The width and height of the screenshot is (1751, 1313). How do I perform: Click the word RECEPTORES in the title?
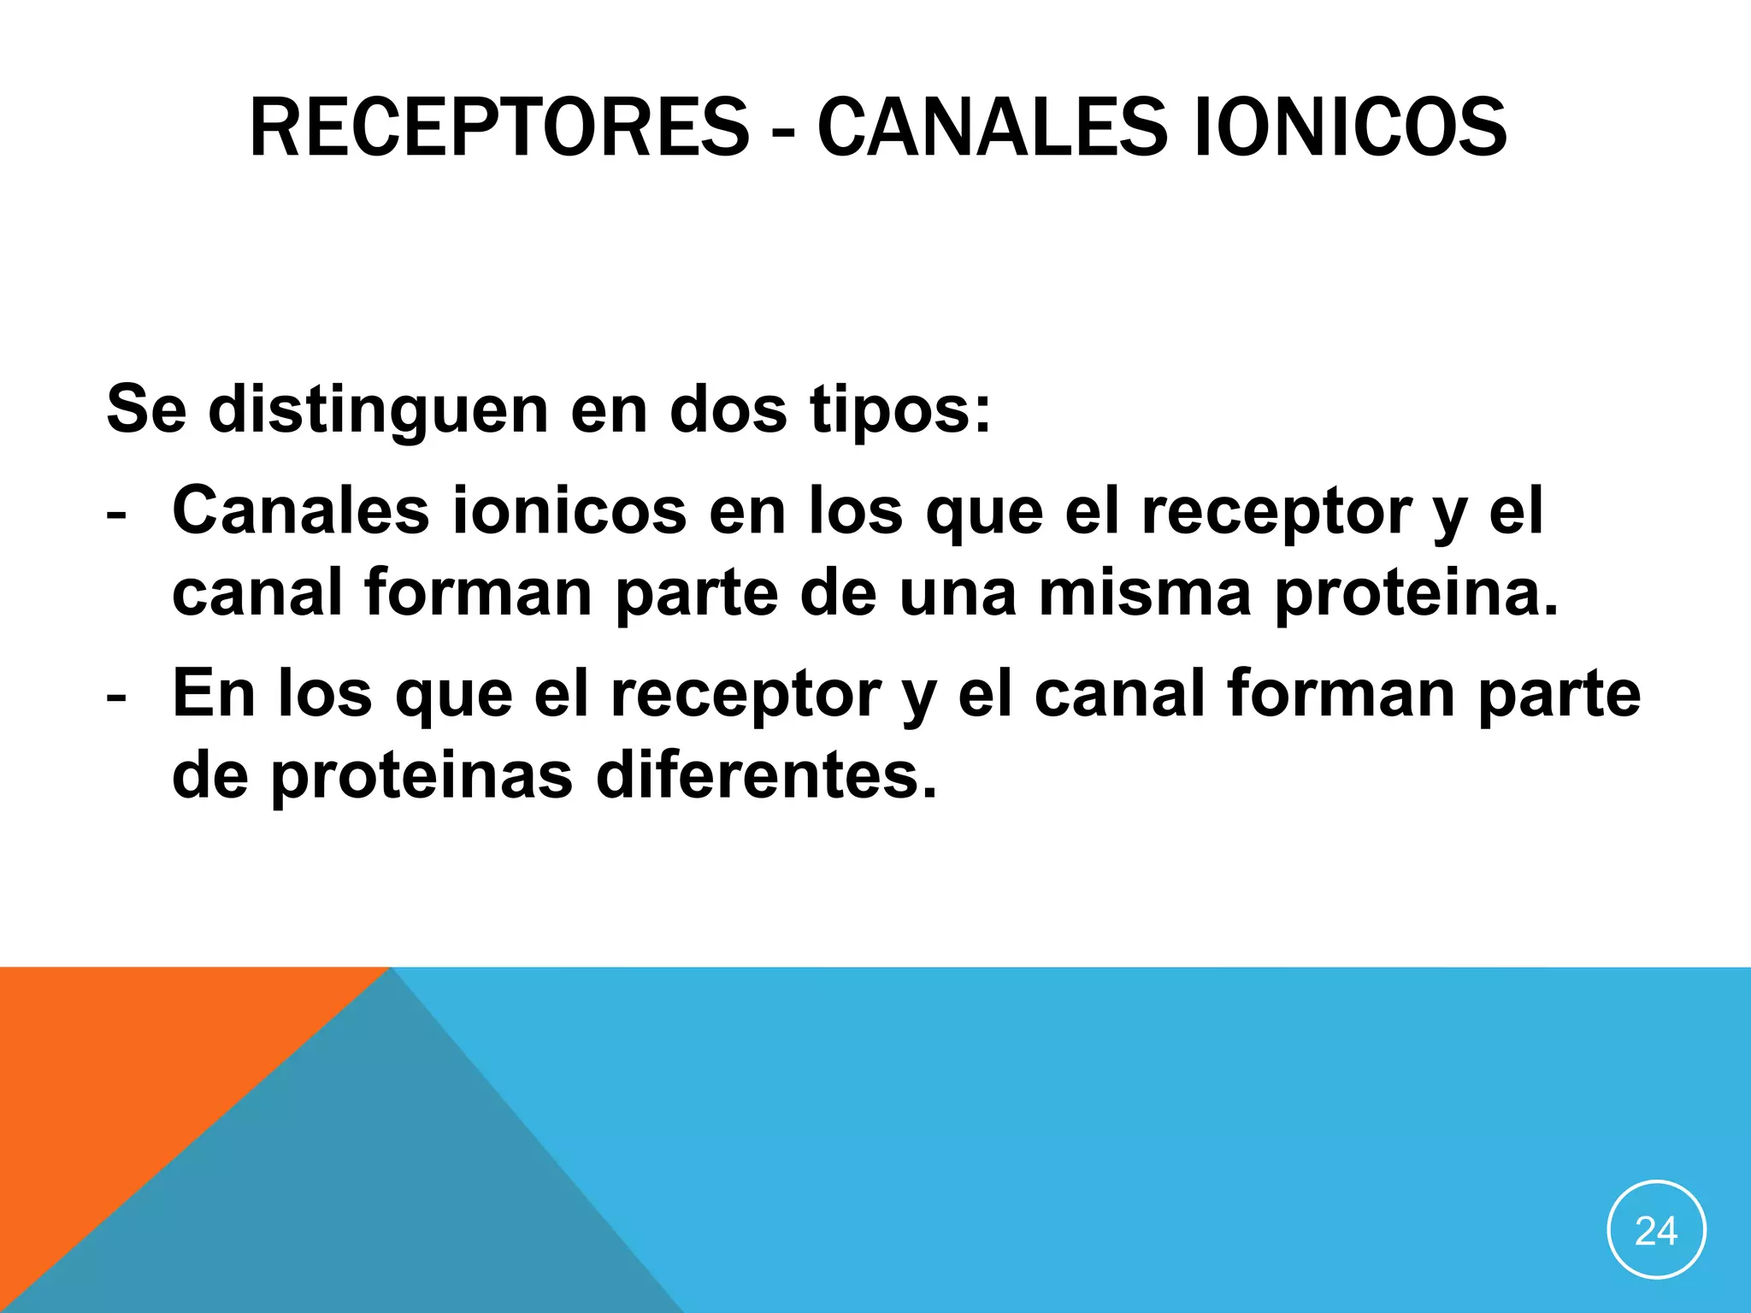click(498, 128)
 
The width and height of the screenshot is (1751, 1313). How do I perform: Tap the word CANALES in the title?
click(992, 128)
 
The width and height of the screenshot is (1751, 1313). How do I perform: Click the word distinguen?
click(378, 410)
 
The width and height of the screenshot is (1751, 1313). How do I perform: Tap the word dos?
click(728, 410)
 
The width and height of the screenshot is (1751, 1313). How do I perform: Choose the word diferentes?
click(766, 776)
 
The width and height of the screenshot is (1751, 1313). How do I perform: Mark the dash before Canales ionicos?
click(116, 515)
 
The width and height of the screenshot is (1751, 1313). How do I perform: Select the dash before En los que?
click(116, 698)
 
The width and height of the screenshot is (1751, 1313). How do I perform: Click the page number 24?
click(1656, 1231)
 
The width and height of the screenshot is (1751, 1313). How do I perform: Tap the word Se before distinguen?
click(146, 410)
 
